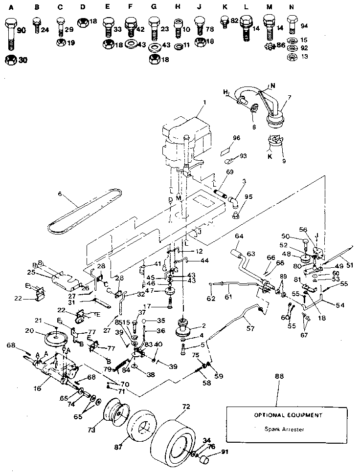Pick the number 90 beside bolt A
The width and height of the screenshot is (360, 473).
tap(22, 31)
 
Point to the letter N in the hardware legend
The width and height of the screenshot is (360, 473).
tap(292, 7)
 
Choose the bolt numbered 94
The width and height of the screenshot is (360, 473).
tap(292, 24)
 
